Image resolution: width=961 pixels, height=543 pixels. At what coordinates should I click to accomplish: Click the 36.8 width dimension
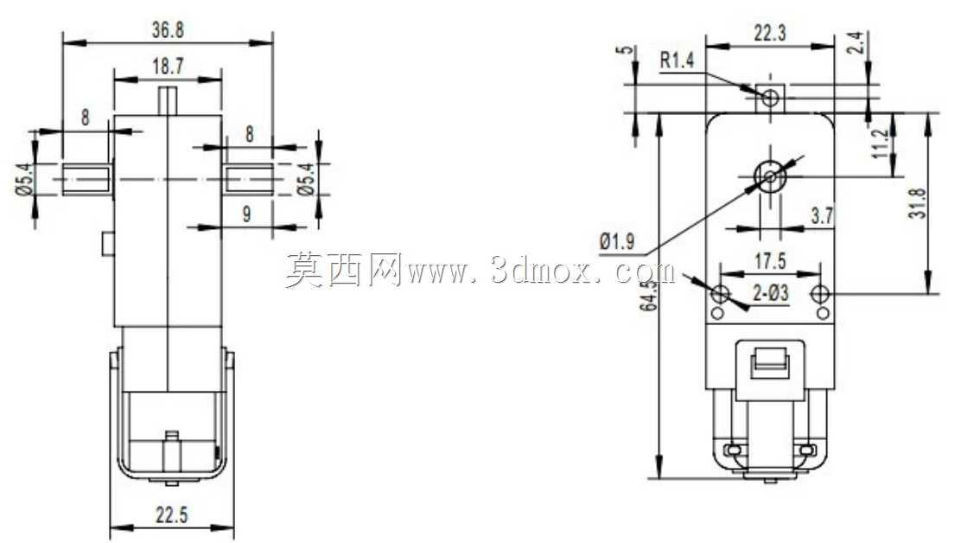pyautogui.click(x=168, y=30)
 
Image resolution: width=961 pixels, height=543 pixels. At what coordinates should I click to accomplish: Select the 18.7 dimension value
pyautogui.click(x=168, y=67)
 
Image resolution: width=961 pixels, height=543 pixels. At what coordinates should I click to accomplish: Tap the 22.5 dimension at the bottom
pyautogui.click(x=172, y=515)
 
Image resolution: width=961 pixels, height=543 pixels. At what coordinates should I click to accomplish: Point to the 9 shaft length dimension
pyautogui.click(x=247, y=214)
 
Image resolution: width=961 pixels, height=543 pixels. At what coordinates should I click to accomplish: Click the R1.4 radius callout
pyautogui.click(x=677, y=61)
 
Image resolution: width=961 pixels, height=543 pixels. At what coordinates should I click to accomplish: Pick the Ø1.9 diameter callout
pyautogui.click(x=617, y=241)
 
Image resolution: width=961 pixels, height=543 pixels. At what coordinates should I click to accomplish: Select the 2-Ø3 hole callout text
pyautogui.click(x=770, y=294)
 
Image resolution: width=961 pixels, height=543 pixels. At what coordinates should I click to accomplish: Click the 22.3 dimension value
pyautogui.click(x=770, y=33)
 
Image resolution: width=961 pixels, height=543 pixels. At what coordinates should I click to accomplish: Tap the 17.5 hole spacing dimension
pyautogui.click(x=770, y=262)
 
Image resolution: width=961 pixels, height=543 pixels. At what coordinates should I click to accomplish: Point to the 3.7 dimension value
pyautogui.click(x=822, y=215)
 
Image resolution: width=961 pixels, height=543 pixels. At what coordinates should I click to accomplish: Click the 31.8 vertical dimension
pyautogui.click(x=921, y=203)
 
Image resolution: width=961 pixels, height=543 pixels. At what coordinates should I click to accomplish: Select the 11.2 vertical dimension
pyautogui.click(x=882, y=144)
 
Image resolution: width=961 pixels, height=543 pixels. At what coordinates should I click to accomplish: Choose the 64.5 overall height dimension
pyautogui.click(x=648, y=295)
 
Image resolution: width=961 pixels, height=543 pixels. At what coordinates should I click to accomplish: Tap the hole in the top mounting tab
pyautogui.click(x=770, y=97)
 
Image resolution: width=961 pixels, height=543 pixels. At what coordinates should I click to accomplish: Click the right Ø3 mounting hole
pyautogui.click(x=821, y=294)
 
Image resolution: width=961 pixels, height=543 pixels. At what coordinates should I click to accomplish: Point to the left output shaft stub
pyautogui.click(x=87, y=180)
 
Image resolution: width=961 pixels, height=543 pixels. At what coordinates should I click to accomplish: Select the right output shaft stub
pyautogui.click(x=248, y=180)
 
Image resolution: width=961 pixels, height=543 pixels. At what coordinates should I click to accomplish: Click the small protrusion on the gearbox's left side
pyautogui.click(x=108, y=244)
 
